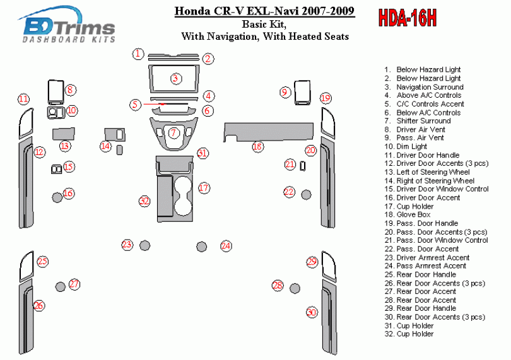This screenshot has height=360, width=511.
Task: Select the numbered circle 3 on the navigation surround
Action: (176, 78)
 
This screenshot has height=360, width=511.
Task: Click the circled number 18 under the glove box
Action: (257, 147)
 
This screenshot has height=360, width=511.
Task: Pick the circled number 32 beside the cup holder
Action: (145, 201)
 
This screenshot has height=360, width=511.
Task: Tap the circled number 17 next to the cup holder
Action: (203, 188)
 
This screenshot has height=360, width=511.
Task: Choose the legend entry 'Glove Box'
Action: (414, 214)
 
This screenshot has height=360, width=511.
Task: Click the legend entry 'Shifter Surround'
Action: (423, 120)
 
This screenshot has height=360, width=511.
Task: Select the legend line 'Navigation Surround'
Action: (430, 86)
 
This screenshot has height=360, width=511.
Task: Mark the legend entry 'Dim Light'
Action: (411, 146)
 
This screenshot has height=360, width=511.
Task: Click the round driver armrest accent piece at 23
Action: (144, 245)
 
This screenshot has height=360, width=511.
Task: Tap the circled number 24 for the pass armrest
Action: (226, 246)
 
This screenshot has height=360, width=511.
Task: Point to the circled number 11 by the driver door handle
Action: (23, 99)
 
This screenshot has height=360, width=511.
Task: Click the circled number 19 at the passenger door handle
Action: (325, 98)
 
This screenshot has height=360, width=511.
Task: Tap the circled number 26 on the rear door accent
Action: (39, 306)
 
